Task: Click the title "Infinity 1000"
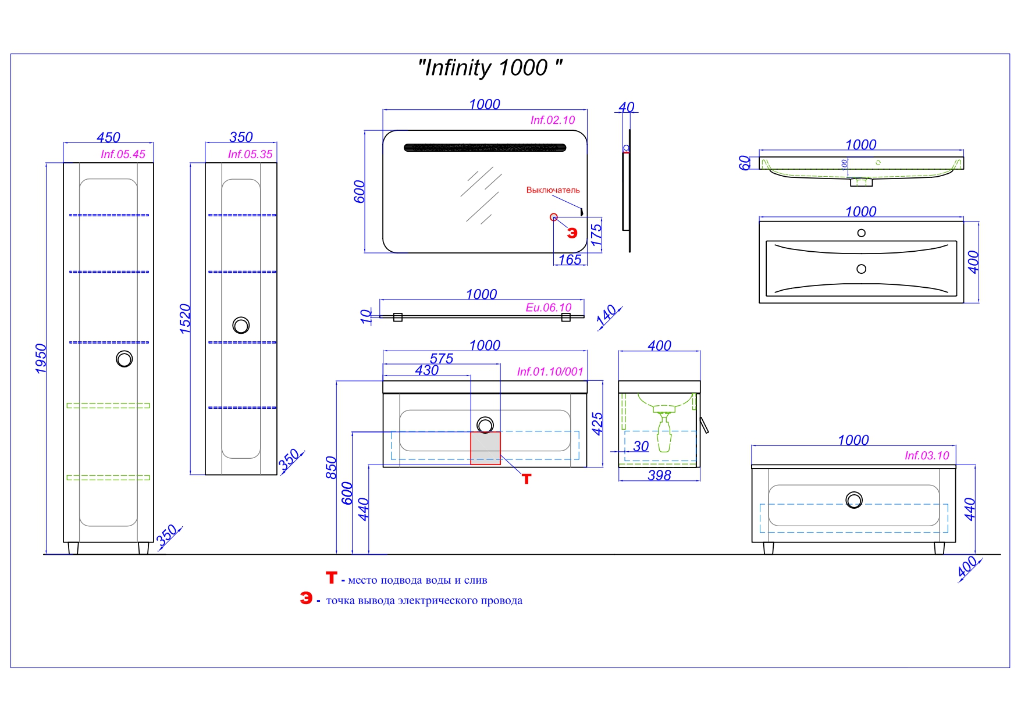[x=490, y=68]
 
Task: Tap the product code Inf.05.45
[x=123, y=154]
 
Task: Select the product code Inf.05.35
[x=250, y=154]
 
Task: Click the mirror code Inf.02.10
[x=552, y=120]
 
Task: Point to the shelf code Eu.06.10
[x=548, y=307]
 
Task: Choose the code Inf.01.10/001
[x=550, y=372]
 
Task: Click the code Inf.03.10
[x=926, y=455]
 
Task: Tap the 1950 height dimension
[x=41, y=358]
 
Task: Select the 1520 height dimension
[x=185, y=319]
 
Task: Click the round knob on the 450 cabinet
[x=124, y=359]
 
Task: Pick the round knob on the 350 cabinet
[x=241, y=325]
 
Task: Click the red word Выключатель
[x=553, y=190]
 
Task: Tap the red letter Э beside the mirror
[x=572, y=233]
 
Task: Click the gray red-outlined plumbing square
[x=485, y=448]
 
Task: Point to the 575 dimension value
[x=441, y=359]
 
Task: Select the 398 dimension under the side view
[x=659, y=475]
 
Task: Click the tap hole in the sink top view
[x=862, y=233]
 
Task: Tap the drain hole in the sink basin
[x=862, y=269]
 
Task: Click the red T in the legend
[x=331, y=577]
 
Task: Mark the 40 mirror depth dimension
[x=626, y=107]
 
